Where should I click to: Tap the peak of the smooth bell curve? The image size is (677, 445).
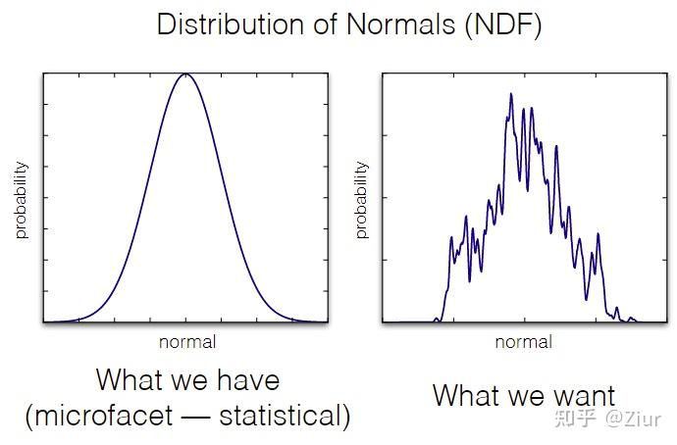click(185, 74)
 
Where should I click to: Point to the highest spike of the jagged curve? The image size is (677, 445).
click(511, 94)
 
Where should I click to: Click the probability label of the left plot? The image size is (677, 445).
click(22, 200)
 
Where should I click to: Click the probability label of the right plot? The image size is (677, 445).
click(361, 200)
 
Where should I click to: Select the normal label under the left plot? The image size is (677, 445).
click(186, 342)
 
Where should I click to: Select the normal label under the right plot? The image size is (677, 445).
click(523, 342)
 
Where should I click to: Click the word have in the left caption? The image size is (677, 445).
click(246, 380)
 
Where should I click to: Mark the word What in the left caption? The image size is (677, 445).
click(130, 380)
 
